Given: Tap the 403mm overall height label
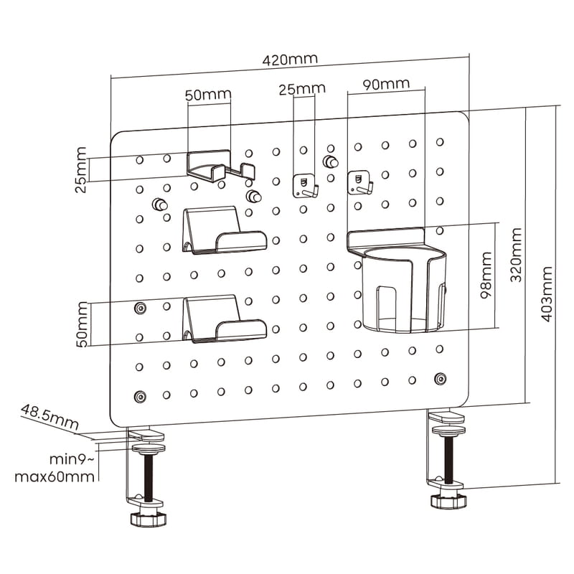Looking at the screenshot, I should coord(547,294).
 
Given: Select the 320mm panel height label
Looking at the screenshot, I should coord(516,255).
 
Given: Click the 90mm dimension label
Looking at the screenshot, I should coord(386,84).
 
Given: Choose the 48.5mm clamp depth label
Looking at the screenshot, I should coord(49,418).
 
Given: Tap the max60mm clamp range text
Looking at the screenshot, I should coord(56,476).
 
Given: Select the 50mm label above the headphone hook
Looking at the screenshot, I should coord(208,95).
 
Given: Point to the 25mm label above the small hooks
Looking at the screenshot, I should coord(301,89).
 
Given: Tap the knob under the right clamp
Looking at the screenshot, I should coord(451,500).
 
